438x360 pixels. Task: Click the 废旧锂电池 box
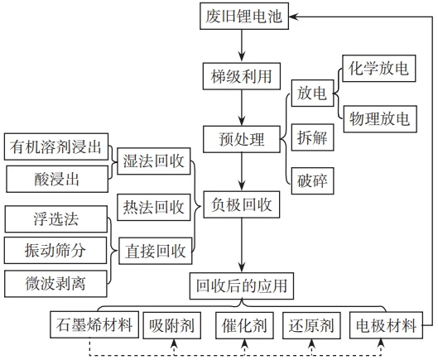click(244, 16)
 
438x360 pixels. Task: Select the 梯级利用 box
click(242, 76)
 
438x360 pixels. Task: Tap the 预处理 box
click(242, 139)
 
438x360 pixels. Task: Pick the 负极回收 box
click(242, 204)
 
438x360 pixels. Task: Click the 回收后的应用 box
click(242, 286)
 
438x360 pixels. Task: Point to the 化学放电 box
click(379, 69)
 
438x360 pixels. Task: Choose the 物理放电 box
click(380, 119)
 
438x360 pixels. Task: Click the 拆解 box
click(313, 137)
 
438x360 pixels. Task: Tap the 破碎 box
click(313, 181)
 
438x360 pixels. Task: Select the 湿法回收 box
click(154, 161)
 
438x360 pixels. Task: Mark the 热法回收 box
click(154, 207)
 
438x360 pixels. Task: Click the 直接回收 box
click(156, 251)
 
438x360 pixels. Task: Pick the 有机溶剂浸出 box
click(56, 146)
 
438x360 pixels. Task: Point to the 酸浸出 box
click(57, 179)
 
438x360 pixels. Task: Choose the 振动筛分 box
click(55, 250)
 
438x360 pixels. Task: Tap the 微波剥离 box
click(55, 284)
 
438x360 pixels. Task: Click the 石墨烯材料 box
click(94, 324)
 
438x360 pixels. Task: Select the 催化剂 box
click(245, 325)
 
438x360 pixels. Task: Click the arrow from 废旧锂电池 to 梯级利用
click(242, 46)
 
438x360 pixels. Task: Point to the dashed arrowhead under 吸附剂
click(174, 343)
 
